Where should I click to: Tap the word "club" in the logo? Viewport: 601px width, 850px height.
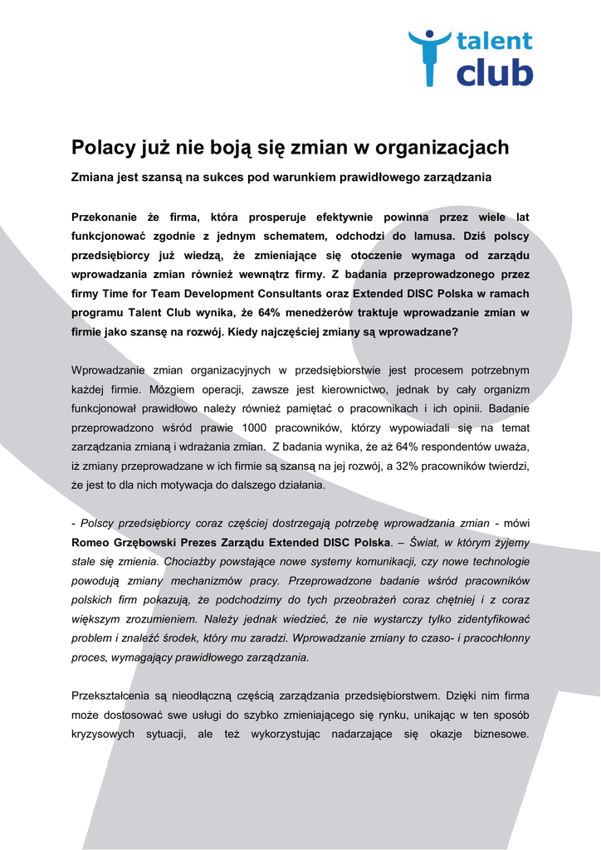(494, 72)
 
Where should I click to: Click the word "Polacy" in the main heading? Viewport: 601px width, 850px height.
(103, 148)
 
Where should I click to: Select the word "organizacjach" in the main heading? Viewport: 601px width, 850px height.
(442, 148)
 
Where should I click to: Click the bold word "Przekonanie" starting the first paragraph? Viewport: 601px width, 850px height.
(104, 217)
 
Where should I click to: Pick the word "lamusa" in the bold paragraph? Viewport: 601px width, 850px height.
(422, 236)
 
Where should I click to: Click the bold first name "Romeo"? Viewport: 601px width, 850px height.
(91, 542)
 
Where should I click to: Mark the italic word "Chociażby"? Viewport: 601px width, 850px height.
(190, 561)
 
